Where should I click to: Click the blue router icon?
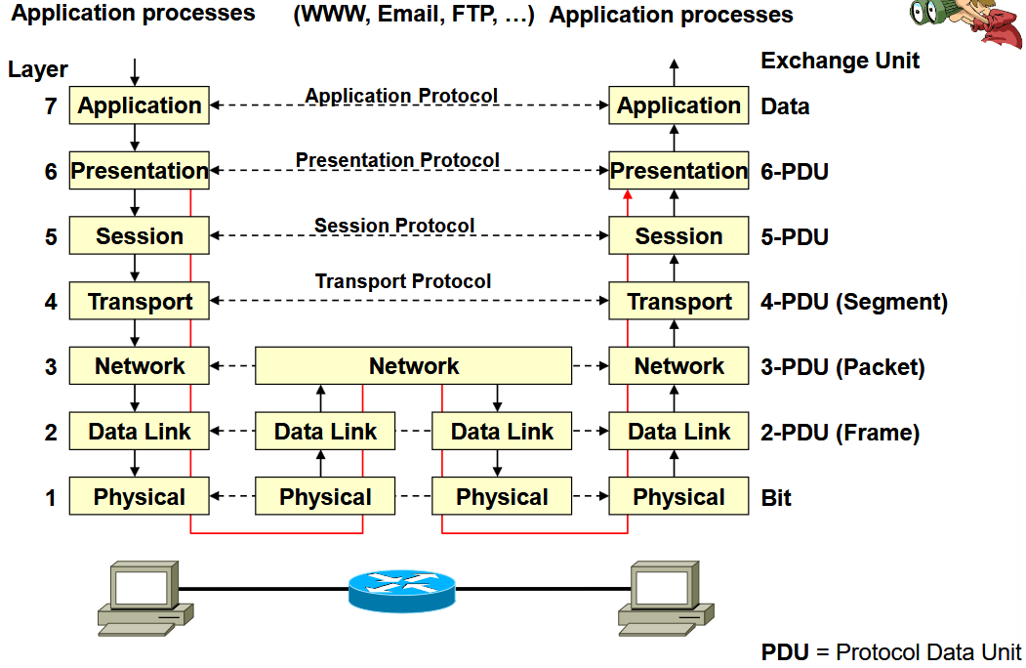(402, 591)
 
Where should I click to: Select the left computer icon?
(145, 598)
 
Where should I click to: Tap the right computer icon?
(666, 598)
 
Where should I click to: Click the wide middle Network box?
(414, 365)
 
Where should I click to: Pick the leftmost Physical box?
(140, 496)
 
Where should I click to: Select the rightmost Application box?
(678, 104)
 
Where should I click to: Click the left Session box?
(140, 235)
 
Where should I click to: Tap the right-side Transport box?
(678, 301)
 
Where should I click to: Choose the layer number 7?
(51, 106)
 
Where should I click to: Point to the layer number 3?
(51, 367)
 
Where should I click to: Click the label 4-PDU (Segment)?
(854, 302)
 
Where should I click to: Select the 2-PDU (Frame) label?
(841, 433)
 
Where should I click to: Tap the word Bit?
(776, 498)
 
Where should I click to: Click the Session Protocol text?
(394, 226)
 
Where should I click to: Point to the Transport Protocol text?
(403, 281)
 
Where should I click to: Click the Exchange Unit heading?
(841, 61)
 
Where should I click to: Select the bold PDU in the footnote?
(785, 652)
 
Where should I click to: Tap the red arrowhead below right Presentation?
(628, 194)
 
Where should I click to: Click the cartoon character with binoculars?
(967, 22)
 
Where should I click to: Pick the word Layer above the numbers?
(38, 69)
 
